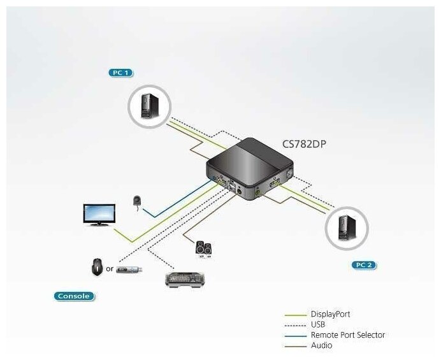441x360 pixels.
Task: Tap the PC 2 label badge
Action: tap(365, 264)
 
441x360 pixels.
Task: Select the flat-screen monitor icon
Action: tap(99, 214)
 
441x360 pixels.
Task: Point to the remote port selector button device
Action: tap(137, 201)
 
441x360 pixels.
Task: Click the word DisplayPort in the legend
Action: tap(330, 314)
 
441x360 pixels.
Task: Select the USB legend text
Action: tap(318, 324)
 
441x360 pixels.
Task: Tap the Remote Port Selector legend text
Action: tap(347, 335)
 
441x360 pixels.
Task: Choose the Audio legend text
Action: tap(321, 345)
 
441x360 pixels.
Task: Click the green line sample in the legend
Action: tap(294, 314)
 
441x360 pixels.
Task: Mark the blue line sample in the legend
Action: tap(294, 335)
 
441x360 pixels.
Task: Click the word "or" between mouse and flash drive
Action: tap(110, 269)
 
